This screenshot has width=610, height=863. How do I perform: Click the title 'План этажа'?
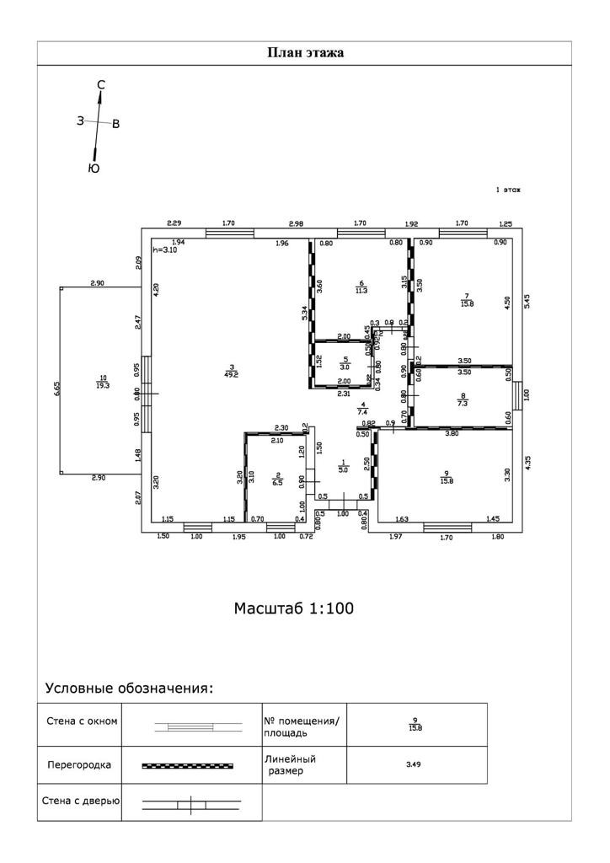pyautogui.click(x=305, y=52)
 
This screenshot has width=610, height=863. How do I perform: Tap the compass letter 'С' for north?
pyautogui.click(x=101, y=84)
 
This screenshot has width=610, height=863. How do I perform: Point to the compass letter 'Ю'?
pyautogui.click(x=94, y=169)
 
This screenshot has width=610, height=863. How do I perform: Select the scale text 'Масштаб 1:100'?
pyautogui.click(x=294, y=608)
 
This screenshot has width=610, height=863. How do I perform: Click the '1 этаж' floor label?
pyautogui.click(x=507, y=190)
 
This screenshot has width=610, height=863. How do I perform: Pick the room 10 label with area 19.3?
pyautogui.click(x=103, y=382)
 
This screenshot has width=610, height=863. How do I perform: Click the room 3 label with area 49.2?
pyautogui.click(x=231, y=371)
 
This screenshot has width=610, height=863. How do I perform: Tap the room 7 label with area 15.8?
pyautogui.click(x=465, y=300)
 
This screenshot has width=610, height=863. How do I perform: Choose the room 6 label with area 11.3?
pyautogui.click(x=361, y=287)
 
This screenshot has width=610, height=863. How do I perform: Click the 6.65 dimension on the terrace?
pyautogui.click(x=56, y=388)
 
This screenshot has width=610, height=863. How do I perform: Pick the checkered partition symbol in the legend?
pyautogui.click(x=187, y=765)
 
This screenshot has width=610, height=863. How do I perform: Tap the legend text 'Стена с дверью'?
pyautogui.click(x=81, y=800)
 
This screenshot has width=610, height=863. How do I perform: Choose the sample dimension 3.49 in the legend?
pyautogui.click(x=415, y=765)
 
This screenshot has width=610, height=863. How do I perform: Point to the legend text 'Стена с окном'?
pyautogui.click(x=81, y=721)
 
